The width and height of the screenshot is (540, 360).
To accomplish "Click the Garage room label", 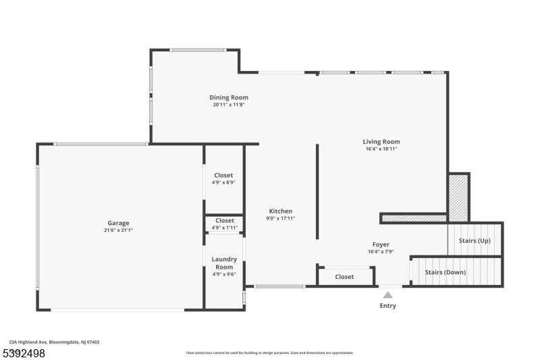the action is [119, 223].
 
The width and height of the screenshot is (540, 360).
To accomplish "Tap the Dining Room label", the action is [229, 97].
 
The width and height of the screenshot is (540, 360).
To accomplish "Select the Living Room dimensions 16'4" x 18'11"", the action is [381, 149].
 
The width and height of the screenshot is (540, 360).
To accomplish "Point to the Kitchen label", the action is [281, 211].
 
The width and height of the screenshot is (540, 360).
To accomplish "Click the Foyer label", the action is [381, 245].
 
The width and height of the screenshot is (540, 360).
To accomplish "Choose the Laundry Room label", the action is [224, 263].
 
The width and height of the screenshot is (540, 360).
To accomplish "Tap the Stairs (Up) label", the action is [475, 240].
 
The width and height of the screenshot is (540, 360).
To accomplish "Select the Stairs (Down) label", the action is [446, 272].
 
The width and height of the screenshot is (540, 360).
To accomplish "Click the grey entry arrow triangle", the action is [387, 295].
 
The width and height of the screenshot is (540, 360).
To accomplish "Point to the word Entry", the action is [387, 305].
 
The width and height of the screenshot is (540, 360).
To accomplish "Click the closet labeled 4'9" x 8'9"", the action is [223, 176].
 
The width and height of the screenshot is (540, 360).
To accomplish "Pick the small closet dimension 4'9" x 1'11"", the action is [225, 228].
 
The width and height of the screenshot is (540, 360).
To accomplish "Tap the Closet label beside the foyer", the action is [344, 277].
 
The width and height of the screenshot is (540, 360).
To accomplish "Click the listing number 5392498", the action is [24, 353].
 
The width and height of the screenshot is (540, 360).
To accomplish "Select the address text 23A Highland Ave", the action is [28, 342].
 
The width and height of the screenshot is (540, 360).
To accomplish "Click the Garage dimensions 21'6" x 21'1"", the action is [119, 230].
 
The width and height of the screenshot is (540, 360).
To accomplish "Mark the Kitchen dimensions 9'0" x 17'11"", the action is [281, 218].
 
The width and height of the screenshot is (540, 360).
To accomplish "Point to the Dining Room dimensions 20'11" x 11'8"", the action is [229, 105].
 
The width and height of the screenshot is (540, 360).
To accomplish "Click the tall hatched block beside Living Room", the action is [458, 198].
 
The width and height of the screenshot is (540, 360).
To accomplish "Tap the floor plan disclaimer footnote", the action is [269, 353].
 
